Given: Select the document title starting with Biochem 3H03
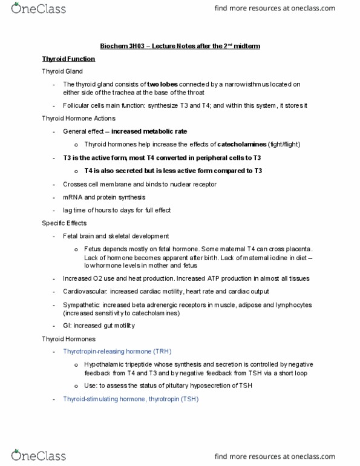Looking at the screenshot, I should pos(180,46).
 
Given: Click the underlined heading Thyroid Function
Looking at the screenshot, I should pos(68,59).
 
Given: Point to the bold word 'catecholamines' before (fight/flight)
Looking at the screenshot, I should pos(242,144).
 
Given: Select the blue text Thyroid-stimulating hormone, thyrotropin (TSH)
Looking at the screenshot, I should pos(130,399).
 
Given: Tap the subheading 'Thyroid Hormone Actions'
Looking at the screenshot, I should pos(79,118).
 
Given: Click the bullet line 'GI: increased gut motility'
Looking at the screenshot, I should pos(99,326).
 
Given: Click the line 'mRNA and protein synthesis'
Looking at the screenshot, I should pos(103,197).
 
